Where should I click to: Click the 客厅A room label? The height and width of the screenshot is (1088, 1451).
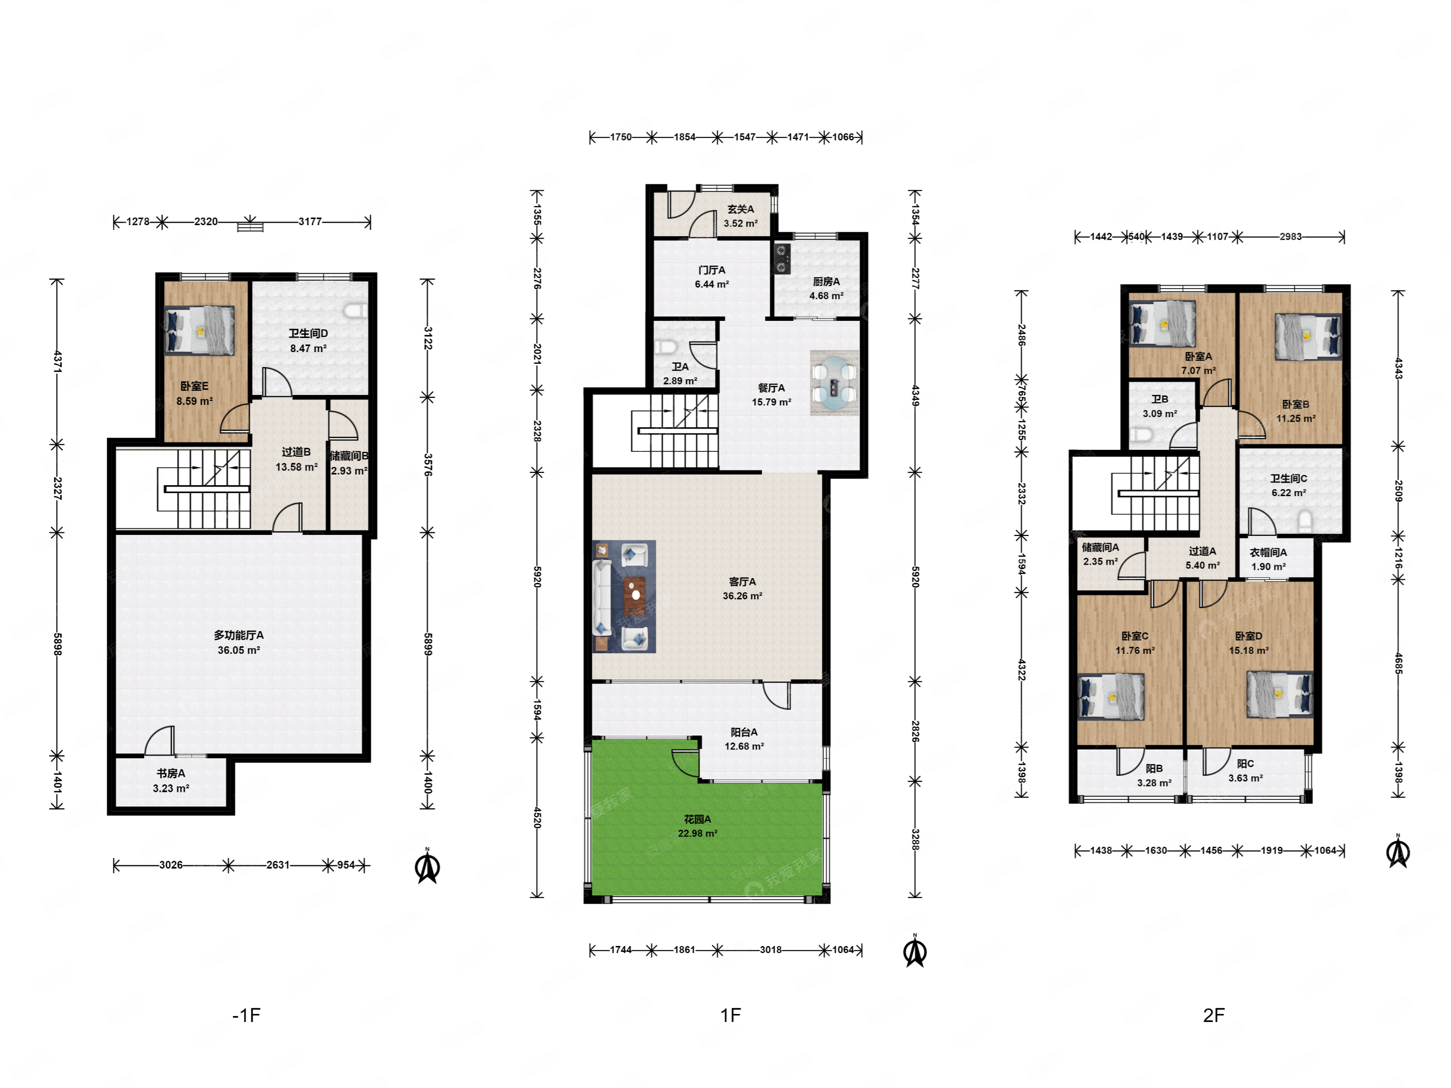point(742,582)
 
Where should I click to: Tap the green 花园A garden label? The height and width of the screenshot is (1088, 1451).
point(697,819)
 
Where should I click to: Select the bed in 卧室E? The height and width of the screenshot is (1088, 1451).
point(200,330)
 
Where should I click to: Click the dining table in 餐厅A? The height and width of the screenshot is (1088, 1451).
point(834,382)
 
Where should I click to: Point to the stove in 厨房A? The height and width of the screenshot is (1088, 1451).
point(782,258)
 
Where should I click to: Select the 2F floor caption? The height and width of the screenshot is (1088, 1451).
point(1214,1015)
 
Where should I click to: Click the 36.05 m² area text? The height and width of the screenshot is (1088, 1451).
point(239,650)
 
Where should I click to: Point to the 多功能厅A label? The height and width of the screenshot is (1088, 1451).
point(239,635)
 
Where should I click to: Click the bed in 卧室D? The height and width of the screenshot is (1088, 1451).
point(1280,695)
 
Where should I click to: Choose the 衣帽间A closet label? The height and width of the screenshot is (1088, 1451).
point(1268,552)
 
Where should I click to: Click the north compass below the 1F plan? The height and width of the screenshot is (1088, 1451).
point(914,951)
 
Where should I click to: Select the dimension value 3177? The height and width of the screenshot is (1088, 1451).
point(310,222)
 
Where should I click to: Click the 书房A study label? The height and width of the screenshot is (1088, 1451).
point(171,773)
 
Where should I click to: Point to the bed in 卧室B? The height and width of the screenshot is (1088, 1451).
point(1308,336)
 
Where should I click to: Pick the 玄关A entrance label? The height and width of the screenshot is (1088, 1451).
point(741,209)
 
